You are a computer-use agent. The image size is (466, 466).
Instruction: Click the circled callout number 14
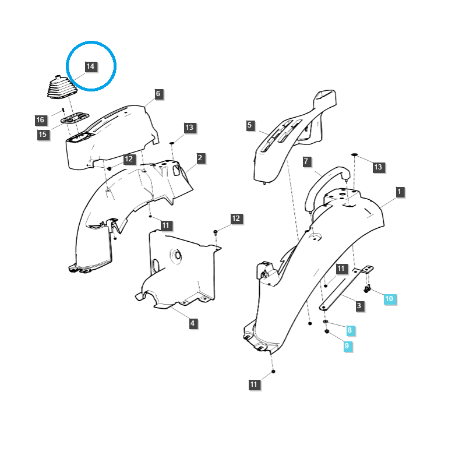pos(90,66)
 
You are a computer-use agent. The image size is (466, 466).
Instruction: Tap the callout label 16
pos(40,120)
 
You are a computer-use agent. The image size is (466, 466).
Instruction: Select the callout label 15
pos(43,135)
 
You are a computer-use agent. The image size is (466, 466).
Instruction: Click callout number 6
pos(158,94)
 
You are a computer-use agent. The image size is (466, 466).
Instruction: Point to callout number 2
pos(200,158)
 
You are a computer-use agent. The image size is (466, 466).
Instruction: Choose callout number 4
pos(193,323)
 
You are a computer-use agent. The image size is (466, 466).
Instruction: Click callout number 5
pos(250,125)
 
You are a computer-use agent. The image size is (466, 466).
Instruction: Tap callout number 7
pos(306,161)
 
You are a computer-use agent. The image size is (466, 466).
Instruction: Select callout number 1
pos(400,192)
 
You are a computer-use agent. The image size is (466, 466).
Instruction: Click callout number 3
pos(359,305)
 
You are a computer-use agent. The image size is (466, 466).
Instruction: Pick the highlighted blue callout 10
pos(389,299)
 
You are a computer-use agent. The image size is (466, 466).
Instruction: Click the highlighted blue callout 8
pos(350,330)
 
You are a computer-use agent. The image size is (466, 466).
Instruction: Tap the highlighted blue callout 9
pos(347,346)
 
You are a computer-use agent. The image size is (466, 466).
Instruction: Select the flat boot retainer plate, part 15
pos(75,118)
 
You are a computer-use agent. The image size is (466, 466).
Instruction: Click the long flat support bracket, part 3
pos(347,288)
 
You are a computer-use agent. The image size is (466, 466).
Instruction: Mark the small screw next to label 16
pos(63,110)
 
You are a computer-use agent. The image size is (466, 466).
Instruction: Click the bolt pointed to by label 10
pos(368,288)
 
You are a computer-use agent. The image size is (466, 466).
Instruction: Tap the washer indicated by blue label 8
pos(326,322)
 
